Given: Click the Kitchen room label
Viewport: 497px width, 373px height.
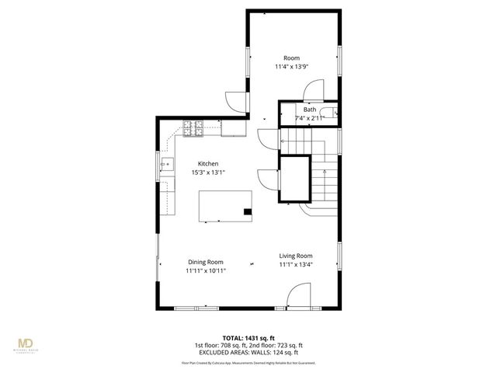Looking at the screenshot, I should pyautogui.click(x=207, y=164).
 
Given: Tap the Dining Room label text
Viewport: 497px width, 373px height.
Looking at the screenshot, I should pyautogui.click(x=205, y=262).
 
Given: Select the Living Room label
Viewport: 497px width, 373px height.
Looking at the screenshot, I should pyautogui.click(x=296, y=256).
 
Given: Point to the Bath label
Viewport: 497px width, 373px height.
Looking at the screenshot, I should pyautogui.click(x=310, y=110).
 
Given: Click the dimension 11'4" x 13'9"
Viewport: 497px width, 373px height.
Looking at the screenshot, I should pyautogui.click(x=291, y=67).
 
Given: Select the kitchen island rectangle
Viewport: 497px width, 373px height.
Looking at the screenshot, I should pyautogui.click(x=226, y=207).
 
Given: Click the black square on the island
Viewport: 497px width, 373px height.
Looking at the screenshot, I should pyautogui.click(x=248, y=211).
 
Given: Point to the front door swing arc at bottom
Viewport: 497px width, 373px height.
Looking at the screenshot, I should pyautogui.click(x=298, y=296).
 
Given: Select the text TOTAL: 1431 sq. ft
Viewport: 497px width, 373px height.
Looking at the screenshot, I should pyautogui.click(x=248, y=337).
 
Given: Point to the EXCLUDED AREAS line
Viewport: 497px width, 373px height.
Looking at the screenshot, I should pyautogui.click(x=248, y=353).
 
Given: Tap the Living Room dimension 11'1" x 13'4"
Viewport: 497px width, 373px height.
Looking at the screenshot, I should pyautogui.click(x=296, y=264).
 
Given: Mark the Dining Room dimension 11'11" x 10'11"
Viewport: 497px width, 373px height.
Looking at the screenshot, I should pyautogui.click(x=205, y=271).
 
